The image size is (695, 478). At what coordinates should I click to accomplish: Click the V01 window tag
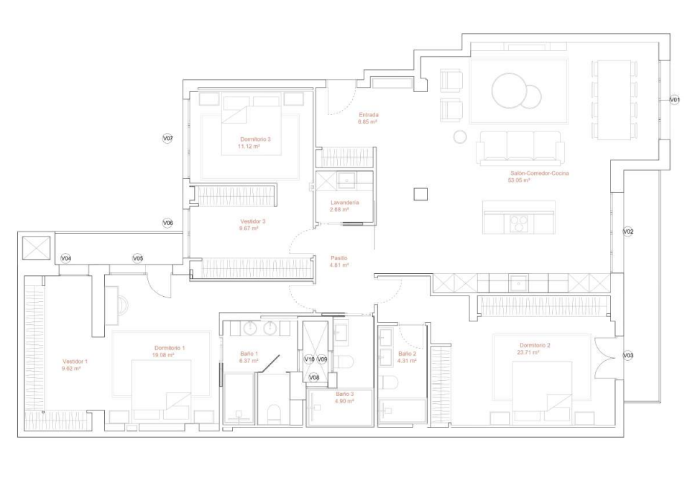(674, 99)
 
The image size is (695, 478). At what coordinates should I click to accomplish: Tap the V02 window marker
(627, 232)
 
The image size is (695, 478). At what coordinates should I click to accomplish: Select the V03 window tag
(627, 356)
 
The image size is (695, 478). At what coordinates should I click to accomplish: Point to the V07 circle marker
(168, 137)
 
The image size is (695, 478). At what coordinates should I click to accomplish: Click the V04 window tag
(65, 258)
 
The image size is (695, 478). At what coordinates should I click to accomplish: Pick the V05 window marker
(137, 258)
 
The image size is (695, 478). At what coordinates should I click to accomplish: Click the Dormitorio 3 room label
(255, 139)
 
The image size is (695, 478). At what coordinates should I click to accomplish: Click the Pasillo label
(339, 257)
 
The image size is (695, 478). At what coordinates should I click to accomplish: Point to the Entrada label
(369, 114)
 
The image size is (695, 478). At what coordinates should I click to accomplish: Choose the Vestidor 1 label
(75, 362)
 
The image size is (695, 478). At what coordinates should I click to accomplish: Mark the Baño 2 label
(408, 354)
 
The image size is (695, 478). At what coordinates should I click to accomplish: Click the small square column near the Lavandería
(420, 193)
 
